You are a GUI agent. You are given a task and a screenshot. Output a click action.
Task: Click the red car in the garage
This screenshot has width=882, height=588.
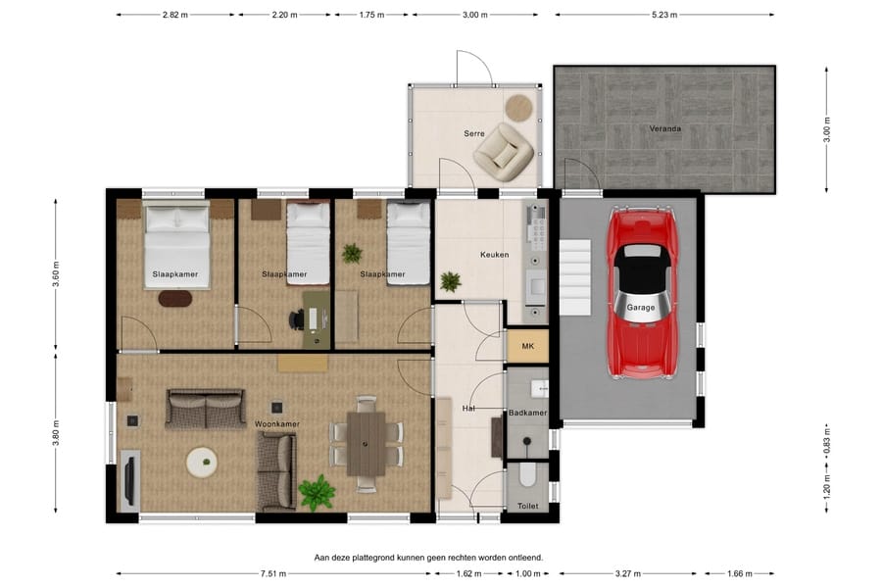pos(641,293)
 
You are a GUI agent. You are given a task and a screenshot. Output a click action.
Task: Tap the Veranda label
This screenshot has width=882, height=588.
pos(664,128)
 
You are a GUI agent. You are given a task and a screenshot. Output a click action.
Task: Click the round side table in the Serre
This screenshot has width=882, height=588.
pos(518,107)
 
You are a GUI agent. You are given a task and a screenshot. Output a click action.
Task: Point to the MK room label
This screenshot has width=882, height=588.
pos(527,346)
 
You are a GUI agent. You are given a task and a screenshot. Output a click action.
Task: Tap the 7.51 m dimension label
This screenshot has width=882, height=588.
pos(273,574)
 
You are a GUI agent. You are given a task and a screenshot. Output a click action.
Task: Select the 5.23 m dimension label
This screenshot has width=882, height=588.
pos(664,16)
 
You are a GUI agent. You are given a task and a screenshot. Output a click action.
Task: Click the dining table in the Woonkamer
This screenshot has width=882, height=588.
pos(367,443)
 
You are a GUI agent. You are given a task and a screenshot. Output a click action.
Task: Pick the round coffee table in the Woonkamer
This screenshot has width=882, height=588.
pos(202,462)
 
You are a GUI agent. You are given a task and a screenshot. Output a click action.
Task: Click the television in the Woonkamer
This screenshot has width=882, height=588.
pos(130,480)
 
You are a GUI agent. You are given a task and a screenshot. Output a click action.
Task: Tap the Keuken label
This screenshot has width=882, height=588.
pos(495,255)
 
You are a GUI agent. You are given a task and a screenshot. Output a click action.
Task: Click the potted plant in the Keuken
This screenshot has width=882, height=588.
pos(451,281)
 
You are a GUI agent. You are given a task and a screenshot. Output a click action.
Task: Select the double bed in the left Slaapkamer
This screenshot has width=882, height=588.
pos(177,245)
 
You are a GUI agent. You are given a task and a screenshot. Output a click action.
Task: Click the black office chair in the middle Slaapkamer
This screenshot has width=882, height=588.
pos(296,319)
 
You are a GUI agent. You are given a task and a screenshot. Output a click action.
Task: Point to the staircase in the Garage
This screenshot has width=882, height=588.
pos(575,277)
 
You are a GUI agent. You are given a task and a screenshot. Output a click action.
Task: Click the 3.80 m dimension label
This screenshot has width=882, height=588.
pos(56,433)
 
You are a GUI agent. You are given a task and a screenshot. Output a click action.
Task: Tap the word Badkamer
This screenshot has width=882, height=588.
pos(527,413)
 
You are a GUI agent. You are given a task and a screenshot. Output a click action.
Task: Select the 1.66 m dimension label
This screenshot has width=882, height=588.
pos(739,574)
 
